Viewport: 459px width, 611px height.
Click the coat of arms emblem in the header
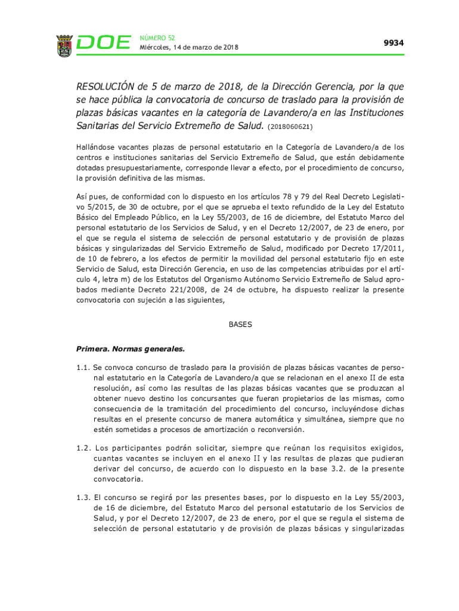pos(64,45)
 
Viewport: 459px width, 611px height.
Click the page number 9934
pos(393,43)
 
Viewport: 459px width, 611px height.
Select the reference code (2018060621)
pos(290,126)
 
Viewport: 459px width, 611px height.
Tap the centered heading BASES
pos(240,325)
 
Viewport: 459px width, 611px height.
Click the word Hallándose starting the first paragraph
pos(97,147)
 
